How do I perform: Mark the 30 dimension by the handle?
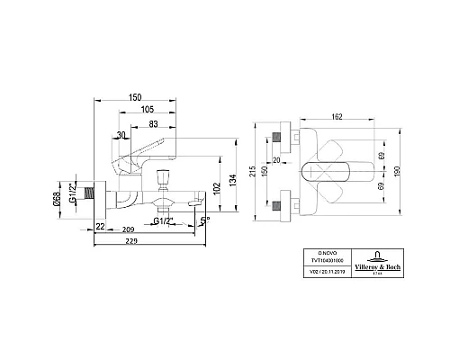[122, 136]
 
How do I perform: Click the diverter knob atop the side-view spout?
[166, 175]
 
